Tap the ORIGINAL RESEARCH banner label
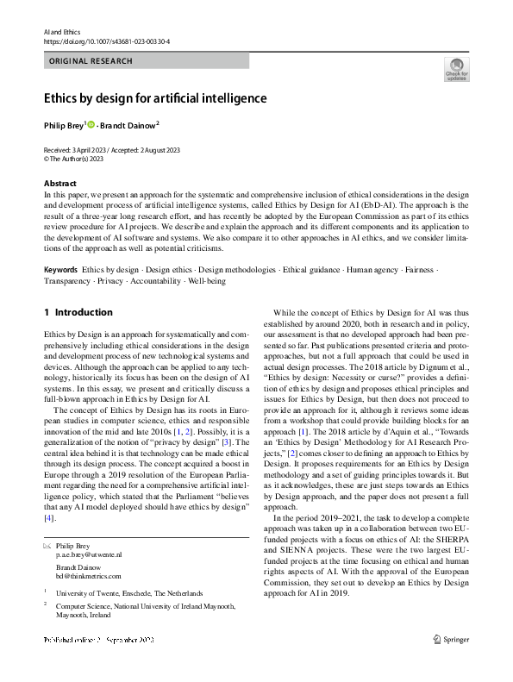click(91, 61)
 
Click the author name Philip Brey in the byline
click(64, 125)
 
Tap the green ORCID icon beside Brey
click(91, 125)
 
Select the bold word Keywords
click(61, 270)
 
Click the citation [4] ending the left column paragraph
click(49, 518)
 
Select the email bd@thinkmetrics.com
click(89, 576)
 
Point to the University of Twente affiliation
click(129, 593)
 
